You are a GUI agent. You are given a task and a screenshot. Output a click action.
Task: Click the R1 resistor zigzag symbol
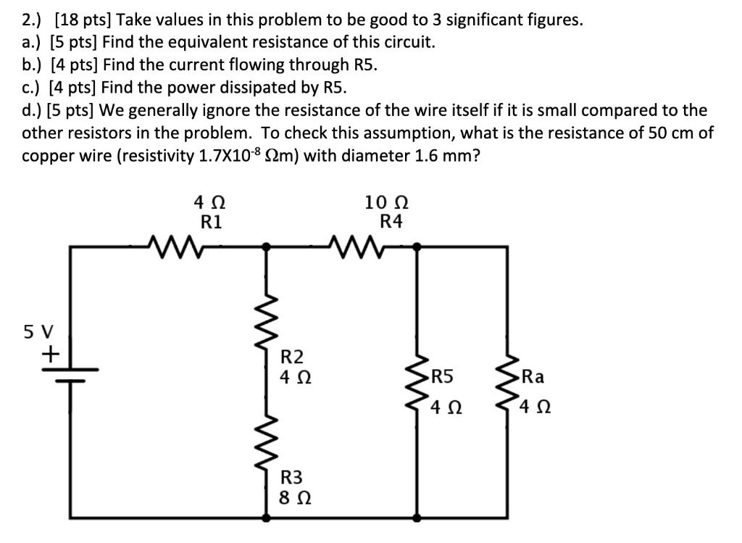click(x=174, y=246)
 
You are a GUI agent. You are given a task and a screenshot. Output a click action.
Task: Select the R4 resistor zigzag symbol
click(x=354, y=246)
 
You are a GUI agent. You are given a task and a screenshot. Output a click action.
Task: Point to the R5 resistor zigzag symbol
click(x=418, y=385)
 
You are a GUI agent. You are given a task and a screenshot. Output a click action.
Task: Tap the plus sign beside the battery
click(x=51, y=355)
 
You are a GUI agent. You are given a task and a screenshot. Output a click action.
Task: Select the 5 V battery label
click(x=38, y=331)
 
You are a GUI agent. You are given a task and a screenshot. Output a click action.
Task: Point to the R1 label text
click(x=211, y=221)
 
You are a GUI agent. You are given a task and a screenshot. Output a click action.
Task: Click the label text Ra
click(x=533, y=376)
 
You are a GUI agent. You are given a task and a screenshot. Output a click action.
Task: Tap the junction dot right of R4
click(x=418, y=246)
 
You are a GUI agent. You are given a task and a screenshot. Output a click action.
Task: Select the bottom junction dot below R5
click(x=418, y=519)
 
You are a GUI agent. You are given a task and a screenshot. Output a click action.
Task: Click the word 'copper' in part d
click(x=49, y=157)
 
